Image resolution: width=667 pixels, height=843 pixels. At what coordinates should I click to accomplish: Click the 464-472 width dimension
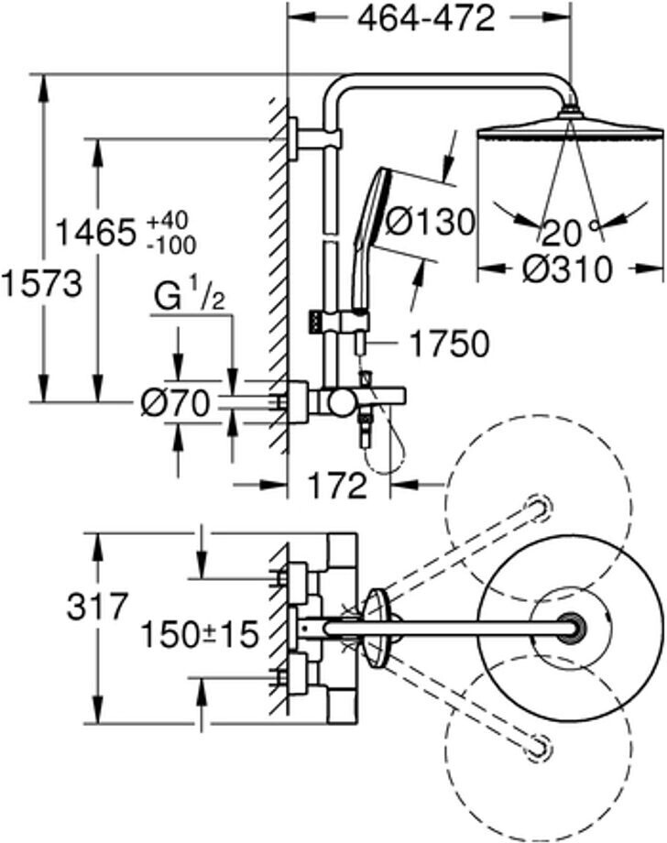click(426, 20)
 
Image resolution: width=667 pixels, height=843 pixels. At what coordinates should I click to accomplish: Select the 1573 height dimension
click(41, 283)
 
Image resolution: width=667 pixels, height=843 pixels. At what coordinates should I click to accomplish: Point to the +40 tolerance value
click(169, 221)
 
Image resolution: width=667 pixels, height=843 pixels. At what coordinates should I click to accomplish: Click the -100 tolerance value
click(171, 246)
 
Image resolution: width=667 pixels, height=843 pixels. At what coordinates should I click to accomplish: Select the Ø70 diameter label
click(174, 403)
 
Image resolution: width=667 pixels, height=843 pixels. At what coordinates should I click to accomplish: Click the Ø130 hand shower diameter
click(431, 221)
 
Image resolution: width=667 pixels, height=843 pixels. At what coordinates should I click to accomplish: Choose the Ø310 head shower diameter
click(567, 268)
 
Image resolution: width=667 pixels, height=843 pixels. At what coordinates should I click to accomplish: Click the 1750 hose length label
click(449, 343)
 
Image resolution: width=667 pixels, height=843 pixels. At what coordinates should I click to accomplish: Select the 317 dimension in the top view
click(98, 606)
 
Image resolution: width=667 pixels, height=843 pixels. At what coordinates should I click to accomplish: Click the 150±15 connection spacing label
click(200, 634)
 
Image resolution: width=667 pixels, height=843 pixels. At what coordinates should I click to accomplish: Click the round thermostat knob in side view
click(342, 402)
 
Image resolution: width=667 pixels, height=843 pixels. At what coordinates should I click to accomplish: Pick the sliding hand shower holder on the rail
click(339, 323)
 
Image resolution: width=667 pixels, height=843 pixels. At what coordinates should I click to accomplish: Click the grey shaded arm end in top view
click(571, 629)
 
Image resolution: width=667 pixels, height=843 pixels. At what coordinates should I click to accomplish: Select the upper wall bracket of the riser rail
click(314, 138)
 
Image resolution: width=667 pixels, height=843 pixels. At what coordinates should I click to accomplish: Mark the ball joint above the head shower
click(570, 111)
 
